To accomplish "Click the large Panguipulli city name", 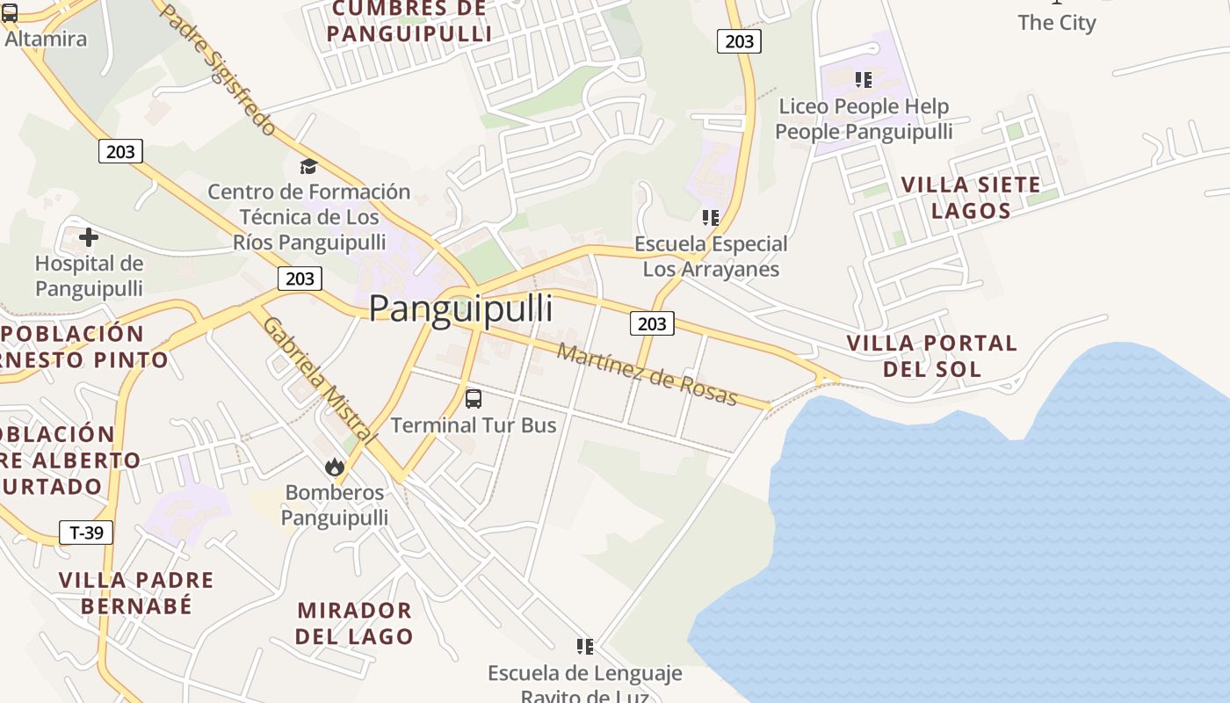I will [460, 309].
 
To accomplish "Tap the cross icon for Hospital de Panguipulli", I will [89, 237].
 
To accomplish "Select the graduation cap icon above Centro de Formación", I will [308, 166].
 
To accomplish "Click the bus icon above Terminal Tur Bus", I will [474, 399].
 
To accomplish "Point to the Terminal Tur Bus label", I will [474, 425].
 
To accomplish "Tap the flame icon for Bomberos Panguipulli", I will [334, 467].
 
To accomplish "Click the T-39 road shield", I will [86, 532].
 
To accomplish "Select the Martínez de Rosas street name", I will [648, 375].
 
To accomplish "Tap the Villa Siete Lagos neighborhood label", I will [971, 198].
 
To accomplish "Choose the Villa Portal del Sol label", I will [931, 356].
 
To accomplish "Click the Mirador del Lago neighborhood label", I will [354, 623].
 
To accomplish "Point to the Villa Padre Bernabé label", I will [136, 593].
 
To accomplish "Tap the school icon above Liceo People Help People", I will [864, 80].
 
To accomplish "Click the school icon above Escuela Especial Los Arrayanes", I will [711, 217].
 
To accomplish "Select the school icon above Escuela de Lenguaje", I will [585, 647].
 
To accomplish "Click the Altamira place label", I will [46, 39].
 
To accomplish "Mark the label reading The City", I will [1057, 23].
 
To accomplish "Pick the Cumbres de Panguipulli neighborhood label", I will [409, 22].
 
